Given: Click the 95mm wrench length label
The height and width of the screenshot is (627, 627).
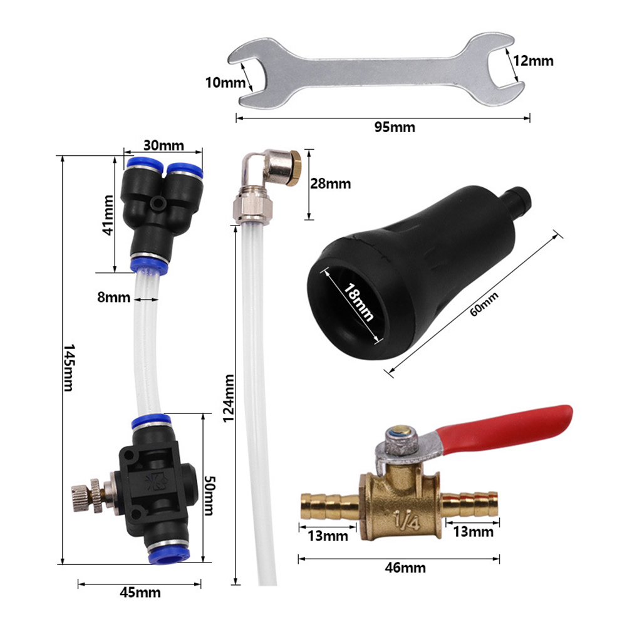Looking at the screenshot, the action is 394,127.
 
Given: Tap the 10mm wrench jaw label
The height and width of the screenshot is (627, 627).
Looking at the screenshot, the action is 225,83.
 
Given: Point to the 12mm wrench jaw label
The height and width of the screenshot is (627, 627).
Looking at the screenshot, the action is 533,61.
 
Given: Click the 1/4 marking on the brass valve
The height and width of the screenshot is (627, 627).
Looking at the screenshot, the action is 407,521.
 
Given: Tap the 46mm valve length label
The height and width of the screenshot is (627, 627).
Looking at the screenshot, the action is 405,568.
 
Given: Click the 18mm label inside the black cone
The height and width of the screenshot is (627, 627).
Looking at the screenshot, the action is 359,302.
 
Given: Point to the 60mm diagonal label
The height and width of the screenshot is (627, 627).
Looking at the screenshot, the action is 484,304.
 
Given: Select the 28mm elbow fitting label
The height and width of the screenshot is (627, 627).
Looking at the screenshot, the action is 331,184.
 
